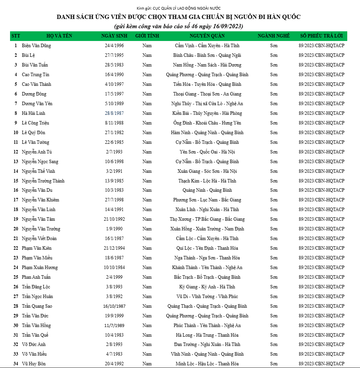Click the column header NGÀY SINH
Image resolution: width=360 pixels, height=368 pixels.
114,36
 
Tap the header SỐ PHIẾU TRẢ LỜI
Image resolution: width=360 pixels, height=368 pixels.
321,36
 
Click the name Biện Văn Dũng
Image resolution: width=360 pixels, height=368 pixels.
36,46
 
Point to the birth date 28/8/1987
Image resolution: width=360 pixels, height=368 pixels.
114,113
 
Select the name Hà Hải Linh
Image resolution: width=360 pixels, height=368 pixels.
34,113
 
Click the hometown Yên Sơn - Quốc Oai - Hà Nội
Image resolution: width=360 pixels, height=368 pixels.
207,152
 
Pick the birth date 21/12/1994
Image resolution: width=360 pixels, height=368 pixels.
114,248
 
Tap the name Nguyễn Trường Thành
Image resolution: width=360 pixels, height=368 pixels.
43,181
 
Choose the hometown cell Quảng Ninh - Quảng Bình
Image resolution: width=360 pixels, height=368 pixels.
207,190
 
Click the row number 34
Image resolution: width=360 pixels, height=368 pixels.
16,364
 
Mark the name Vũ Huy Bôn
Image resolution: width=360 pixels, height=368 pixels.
34,364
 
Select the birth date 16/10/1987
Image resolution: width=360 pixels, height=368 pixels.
114,306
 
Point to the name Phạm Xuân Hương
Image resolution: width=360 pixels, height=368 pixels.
40,267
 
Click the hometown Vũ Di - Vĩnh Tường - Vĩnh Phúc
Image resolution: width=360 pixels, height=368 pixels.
207,296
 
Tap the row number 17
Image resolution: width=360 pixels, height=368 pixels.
16,200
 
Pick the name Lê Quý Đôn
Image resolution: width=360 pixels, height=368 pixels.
34,133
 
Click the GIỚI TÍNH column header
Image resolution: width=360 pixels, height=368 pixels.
147,36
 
